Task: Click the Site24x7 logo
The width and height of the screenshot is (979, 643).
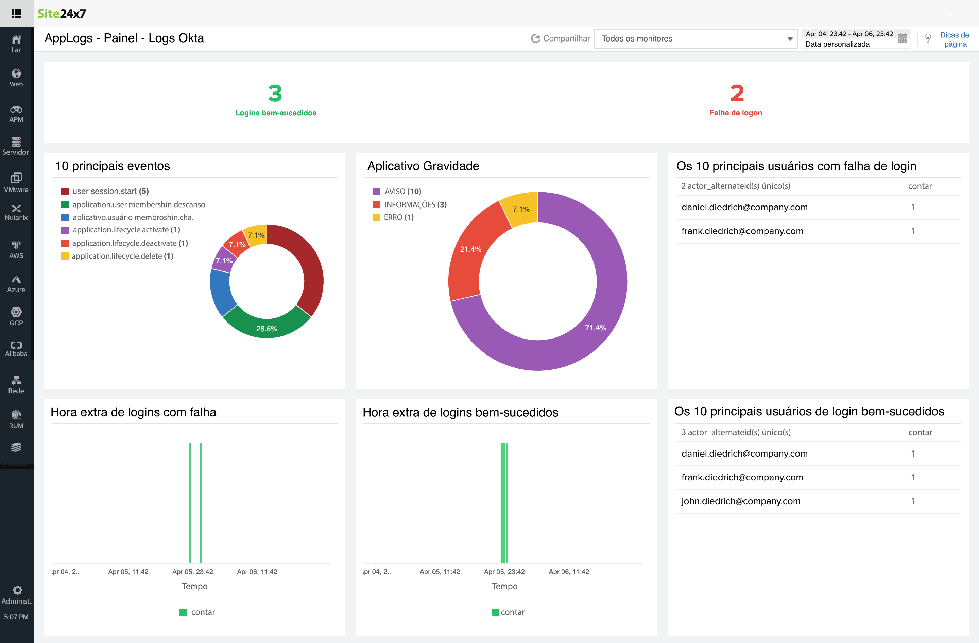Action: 62,14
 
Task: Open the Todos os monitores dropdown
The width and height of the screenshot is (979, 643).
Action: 695,39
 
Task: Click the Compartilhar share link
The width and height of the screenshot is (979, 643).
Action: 561,38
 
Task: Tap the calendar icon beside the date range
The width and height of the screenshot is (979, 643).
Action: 903,39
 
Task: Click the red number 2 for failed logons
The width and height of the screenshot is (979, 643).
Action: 736,94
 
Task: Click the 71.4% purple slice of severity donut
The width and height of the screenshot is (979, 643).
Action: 595,327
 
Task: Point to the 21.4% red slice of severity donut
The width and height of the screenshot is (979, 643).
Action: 470,249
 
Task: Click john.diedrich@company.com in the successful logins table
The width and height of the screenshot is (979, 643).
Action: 740,501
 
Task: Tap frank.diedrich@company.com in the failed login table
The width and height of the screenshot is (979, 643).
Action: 742,231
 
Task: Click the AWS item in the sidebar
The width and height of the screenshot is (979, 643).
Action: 16,249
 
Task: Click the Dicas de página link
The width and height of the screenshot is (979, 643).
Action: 954,39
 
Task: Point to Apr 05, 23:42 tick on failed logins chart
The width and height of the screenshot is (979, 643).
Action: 192,571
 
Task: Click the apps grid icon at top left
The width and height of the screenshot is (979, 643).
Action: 16,14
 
